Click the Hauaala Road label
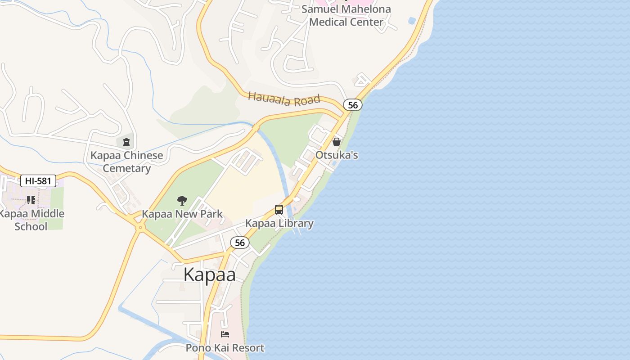pos(284,99)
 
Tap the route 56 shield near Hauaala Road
pos(353,105)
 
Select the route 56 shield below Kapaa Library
pos(240,243)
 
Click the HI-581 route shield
pos(38,181)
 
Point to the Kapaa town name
pos(209,274)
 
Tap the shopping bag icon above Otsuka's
pos(336,142)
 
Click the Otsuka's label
pos(337,155)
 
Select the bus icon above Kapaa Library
pos(279,210)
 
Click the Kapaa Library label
pos(279,223)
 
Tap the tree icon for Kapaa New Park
pos(182,201)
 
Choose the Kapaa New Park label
pos(182,214)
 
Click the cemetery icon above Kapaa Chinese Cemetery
pos(126,143)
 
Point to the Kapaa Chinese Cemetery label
pos(127,162)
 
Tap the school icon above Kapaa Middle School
pos(31,200)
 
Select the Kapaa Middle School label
pos(31,220)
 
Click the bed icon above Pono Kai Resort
pos(225,334)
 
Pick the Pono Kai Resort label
pos(225,348)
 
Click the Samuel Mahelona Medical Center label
pos(346,15)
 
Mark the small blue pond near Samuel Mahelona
pos(412,21)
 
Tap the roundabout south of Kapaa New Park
pos(140,228)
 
